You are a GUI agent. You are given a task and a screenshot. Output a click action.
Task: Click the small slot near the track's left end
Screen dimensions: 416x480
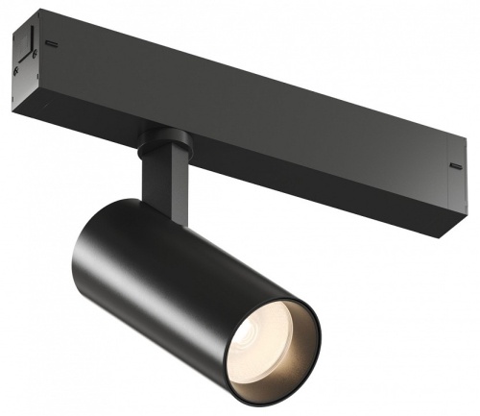[x=50, y=44]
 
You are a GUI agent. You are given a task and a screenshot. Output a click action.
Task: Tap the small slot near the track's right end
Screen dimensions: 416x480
[x=455, y=165]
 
